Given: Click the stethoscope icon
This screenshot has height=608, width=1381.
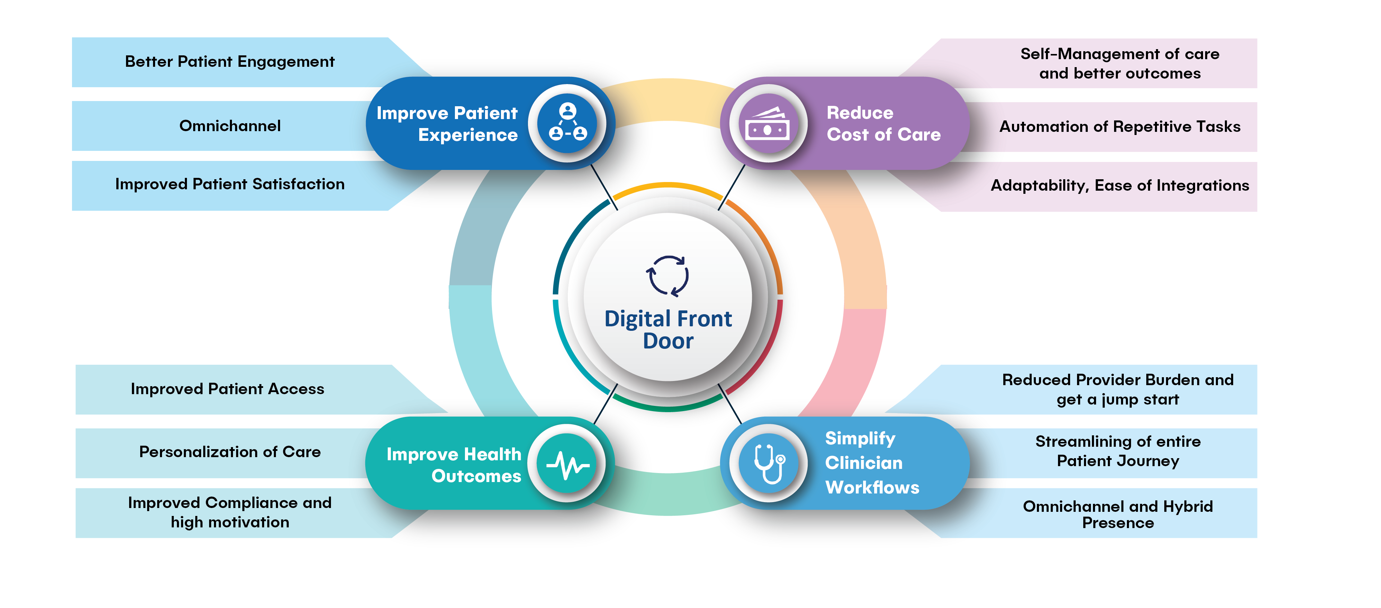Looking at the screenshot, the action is coord(770,463).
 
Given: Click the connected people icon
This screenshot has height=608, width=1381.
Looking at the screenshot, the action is coord(568,122).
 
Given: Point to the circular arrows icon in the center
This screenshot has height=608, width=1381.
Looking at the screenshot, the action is coord(667,276).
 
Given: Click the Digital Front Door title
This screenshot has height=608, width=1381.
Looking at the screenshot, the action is coord(668,329).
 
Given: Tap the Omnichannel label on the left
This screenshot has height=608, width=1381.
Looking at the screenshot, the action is coord(230,126).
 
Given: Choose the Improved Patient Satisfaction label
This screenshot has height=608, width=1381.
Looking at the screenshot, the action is coord(230,184).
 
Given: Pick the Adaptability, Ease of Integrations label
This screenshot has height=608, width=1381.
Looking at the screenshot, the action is coord(1120,185).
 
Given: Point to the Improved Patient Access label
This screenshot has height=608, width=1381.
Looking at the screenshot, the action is coord(227,389).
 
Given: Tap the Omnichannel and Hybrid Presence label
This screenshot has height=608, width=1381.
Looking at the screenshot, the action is coord(1118,514).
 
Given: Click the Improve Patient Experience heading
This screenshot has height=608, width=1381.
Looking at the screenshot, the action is coord(447,124).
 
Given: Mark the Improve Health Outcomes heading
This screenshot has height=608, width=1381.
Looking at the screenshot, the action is coord(454,465).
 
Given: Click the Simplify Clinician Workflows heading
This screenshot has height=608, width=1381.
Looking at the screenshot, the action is coord(872,463).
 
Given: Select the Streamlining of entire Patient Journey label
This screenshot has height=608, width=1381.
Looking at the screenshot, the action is coord(1118,451).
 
